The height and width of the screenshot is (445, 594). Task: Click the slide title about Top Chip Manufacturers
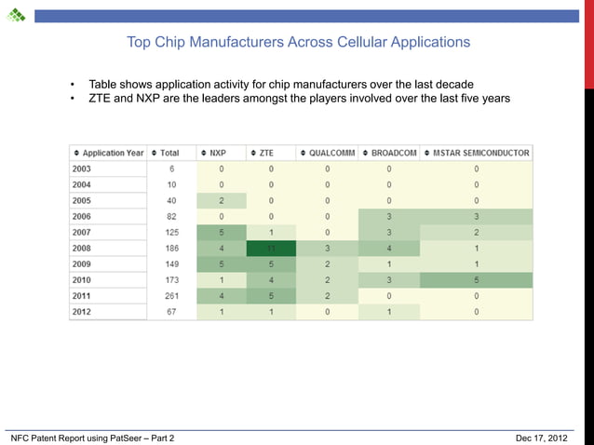pos(298,42)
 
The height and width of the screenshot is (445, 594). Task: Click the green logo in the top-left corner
pos(15,15)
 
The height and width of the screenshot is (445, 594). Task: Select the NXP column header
pos(217,153)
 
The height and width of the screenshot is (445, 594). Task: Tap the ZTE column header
pos(266,153)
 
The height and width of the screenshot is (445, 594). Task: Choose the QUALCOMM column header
pos(327,153)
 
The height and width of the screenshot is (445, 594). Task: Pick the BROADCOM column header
pos(389,153)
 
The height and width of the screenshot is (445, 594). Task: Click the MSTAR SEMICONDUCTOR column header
pos(477,153)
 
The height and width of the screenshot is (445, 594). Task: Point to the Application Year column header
pos(108,153)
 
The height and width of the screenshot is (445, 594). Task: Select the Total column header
pos(169,153)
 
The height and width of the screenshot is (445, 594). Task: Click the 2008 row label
pos(83,249)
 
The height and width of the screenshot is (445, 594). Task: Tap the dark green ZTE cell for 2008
pos(271,249)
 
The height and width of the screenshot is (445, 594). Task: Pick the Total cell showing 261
pos(170,296)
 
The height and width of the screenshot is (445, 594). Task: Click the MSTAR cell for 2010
pos(476,280)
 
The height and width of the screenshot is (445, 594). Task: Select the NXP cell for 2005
pos(222,200)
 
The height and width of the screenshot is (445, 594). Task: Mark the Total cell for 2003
pos(170,169)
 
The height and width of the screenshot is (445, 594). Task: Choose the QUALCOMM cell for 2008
pos(328,249)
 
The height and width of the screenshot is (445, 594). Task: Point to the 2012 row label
pos(83,312)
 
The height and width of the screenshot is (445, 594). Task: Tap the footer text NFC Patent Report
pos(91,438)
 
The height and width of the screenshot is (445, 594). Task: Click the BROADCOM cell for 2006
pos(389,216)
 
